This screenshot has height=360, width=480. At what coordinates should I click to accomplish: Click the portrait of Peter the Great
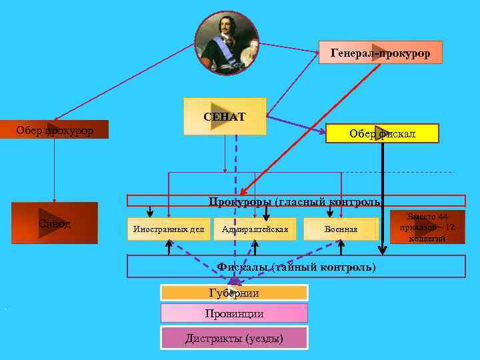click(227, 42)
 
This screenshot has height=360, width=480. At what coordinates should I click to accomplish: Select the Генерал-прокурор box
click(380, 52)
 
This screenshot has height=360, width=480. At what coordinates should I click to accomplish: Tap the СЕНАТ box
click(225, 117)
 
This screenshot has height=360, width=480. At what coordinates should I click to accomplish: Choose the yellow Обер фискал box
click(382, 134)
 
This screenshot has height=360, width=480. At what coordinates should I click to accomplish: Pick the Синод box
click(55, 223)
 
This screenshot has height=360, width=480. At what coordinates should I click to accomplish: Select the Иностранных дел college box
click(169, 229)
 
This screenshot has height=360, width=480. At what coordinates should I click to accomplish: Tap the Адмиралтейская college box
click(255, 229)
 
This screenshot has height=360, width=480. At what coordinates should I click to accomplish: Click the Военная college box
click(341, 229)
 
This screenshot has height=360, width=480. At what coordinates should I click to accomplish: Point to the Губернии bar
click(234, 293)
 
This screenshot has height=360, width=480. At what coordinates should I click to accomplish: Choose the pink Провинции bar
click(234, 313)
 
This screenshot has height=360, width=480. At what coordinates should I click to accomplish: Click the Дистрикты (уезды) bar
click(234, 338)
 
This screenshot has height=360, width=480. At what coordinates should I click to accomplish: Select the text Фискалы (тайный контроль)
click(297, 267)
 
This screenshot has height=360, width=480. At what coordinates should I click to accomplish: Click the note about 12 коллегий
click(427, 227)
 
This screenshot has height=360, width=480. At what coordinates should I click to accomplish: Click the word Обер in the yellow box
click(363, 134)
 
